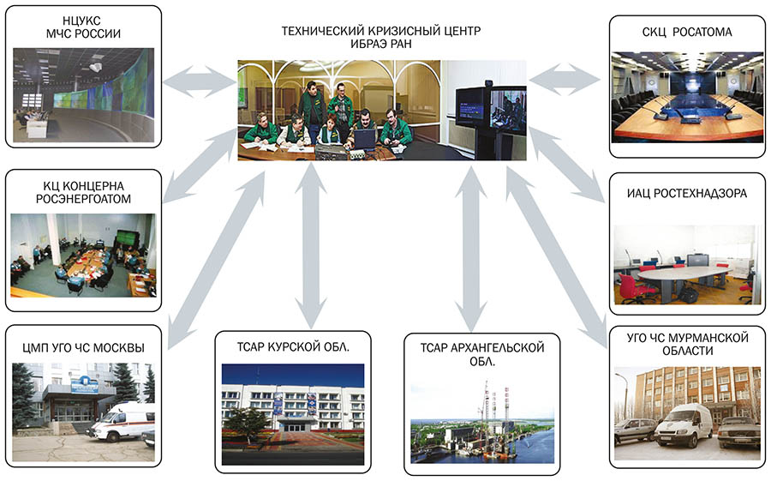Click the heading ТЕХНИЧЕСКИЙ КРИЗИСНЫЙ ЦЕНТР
[381, 31]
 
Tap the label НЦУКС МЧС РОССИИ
[83, 27]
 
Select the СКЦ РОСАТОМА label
[687, 33]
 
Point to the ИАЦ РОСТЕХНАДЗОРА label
[687, 194]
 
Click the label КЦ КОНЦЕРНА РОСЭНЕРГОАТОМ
[84, 193]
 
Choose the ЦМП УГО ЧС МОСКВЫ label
[84, 348]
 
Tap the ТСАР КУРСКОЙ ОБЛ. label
[293, 347]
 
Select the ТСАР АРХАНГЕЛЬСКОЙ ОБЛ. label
[481, 354]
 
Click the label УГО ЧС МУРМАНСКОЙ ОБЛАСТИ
[687, 344]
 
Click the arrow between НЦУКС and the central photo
[200, 81]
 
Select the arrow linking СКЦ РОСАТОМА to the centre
[565, 79]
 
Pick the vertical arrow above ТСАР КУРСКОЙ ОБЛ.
[311, 246]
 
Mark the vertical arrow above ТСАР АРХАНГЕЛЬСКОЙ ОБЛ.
[471, 249]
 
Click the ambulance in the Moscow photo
[123, 421]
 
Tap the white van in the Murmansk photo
[684, 425]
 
